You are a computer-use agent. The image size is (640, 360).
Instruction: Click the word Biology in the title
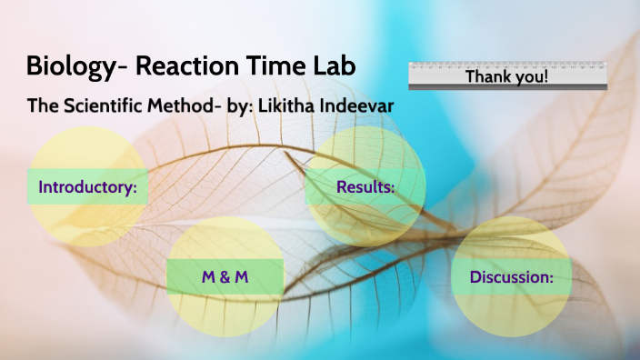pos(73,67)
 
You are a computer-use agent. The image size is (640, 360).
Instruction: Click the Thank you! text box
pos(506,77)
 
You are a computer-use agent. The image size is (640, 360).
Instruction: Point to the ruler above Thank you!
pos(506,65)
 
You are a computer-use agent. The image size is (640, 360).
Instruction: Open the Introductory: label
pos(87,189)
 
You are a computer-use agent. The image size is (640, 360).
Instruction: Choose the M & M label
pos(225,276)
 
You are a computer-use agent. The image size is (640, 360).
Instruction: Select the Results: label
pos(365,187)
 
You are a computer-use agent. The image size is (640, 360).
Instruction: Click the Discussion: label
pos(511,277)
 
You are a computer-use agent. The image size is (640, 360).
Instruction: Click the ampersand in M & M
pos(225,276)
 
